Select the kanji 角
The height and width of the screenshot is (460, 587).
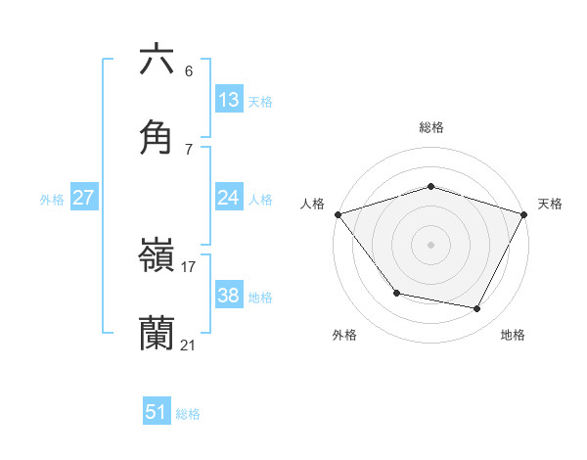point(157,137)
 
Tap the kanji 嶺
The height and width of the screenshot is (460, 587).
point(157,256)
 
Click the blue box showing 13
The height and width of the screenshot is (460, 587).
point(229,100)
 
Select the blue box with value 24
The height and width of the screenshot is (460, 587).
point(229,198)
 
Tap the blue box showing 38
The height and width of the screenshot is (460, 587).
point(229,296)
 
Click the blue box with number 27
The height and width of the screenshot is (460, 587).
point(84,198)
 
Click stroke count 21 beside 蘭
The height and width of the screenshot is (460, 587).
point(189,345)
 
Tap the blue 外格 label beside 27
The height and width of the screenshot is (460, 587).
point(52,200)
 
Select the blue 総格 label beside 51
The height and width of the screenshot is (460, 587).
point(188,414)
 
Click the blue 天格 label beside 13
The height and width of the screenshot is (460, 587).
point(259,102)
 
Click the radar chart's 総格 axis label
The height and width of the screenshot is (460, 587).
point(430,127)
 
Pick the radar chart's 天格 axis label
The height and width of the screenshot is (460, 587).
point(550,204)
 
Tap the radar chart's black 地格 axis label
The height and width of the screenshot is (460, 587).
point(513,335)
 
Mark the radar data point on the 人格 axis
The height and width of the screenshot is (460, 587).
point(338,214)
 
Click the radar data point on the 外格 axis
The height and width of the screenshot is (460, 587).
point(396,293)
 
